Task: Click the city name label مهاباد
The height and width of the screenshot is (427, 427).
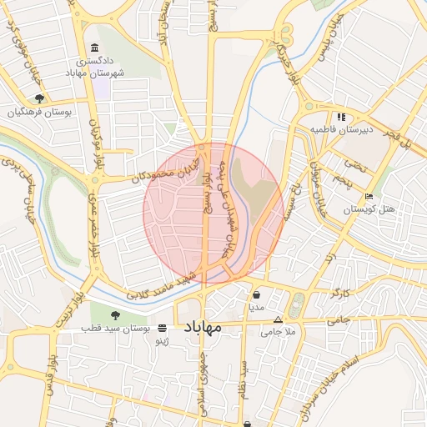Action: tap(201, 327)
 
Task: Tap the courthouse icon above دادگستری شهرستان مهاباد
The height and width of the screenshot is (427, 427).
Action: tap(93, 49)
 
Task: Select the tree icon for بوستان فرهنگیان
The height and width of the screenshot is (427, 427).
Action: tap(39, 98)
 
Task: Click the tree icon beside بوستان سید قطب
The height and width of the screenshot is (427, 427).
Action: tap(114, 315)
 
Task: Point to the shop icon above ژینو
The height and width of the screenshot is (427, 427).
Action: tap(162, 329)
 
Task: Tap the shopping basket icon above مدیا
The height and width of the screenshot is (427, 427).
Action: tap(256, 294)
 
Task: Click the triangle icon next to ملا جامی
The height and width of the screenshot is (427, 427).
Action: tap(278, 319)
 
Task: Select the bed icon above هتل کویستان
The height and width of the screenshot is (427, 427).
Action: tap(369, 196)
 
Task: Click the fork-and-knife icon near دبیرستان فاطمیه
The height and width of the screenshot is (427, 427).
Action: tap(341, 117)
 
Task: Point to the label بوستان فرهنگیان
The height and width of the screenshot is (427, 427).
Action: tap(40, 112)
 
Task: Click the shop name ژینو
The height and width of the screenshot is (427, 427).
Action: tap(163, 341)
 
